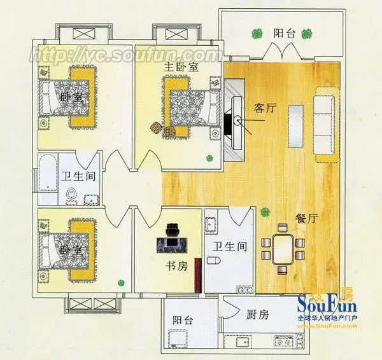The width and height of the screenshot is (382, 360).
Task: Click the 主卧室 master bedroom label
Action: [181, 67]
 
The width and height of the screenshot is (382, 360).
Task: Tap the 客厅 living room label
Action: [265, 107]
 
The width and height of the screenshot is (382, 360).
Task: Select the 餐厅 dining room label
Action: [307, 218]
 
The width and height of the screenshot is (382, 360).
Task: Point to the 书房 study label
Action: [176, 266]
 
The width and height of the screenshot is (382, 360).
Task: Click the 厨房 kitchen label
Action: [257, 314]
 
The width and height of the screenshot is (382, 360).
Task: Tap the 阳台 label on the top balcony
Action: [284, 33]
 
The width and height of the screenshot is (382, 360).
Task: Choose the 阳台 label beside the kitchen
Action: [183, 320]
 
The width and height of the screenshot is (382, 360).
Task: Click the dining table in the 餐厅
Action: [283, 249]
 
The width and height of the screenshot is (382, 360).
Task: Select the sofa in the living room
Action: [324, 125]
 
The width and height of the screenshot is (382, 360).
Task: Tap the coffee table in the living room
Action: [296, 127]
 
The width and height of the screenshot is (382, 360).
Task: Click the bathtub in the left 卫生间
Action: [48, 172]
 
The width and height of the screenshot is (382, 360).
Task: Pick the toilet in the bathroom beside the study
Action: [214, 260]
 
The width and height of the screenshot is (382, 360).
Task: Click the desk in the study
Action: [172, 246]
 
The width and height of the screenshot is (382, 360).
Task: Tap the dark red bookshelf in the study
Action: [198, 275]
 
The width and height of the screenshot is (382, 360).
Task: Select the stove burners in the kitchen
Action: [283, 342]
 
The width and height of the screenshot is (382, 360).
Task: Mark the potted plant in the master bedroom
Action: [209, 158]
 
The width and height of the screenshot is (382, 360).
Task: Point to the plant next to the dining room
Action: [265, 212]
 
